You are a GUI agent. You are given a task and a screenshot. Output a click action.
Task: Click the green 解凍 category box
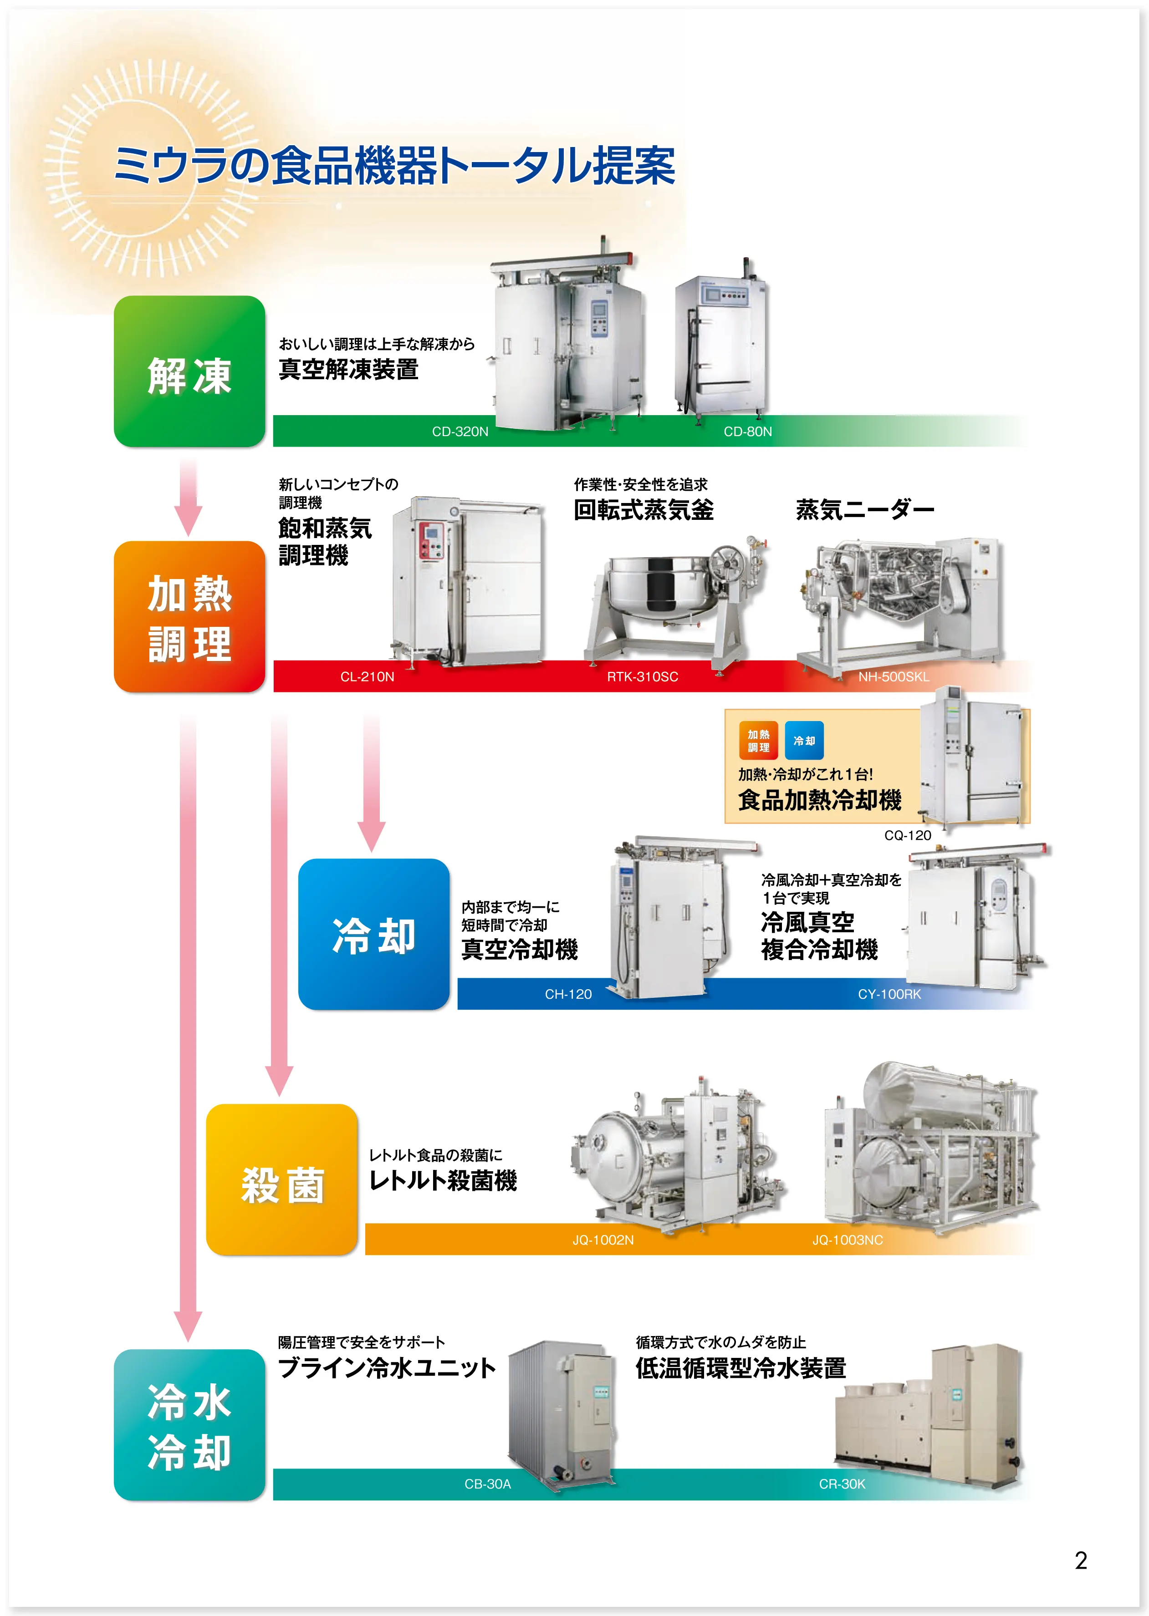click(189, 371)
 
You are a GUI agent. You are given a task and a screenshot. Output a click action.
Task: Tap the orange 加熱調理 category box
click(189, 617)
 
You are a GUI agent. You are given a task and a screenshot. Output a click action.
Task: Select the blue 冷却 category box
click(373, 934)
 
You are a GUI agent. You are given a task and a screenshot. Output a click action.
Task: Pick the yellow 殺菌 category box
click(281, 1179)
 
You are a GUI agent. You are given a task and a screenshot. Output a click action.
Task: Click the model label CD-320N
click(460, 432)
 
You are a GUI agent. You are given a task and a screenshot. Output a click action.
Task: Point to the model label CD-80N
click(747, 432)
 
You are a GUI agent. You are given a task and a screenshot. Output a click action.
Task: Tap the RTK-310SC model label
click(643, 677)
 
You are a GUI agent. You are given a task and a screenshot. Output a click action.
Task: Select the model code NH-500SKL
click(893, 677)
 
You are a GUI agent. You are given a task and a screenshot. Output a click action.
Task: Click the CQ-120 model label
click(907, 835)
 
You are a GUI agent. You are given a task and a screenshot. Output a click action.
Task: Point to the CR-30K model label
click(842, 1484)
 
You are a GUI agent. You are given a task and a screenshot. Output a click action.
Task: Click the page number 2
click(1080, 1560)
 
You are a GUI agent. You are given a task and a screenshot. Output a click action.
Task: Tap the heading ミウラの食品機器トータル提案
click(394, 166)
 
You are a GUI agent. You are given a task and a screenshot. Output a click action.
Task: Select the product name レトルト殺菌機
click(443, 1180)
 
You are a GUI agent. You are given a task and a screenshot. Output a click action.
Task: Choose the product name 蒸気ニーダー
click(864, 510)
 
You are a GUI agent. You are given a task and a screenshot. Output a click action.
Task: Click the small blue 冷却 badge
click(804, 741)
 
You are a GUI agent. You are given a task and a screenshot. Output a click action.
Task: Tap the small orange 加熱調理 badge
click(758, 741)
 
